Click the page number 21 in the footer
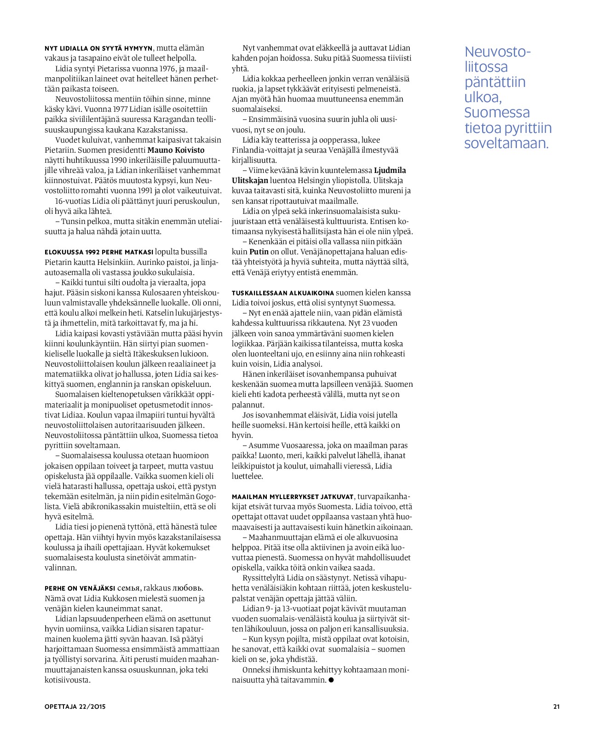point(556,707)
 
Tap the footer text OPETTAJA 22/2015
point(75,707)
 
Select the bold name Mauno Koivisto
point(176,150)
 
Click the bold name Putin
point(259,252)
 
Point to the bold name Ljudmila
point(390,170)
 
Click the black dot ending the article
point(331,680)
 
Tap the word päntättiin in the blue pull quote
point(495,82)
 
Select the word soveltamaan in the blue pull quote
point(506,143)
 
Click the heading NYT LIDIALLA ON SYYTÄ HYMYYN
point(98,48)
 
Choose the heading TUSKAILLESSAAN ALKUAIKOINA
point(282,293)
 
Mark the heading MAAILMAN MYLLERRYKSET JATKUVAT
point(293,497)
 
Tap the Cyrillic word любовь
point(187,588)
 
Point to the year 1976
point(168,69)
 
